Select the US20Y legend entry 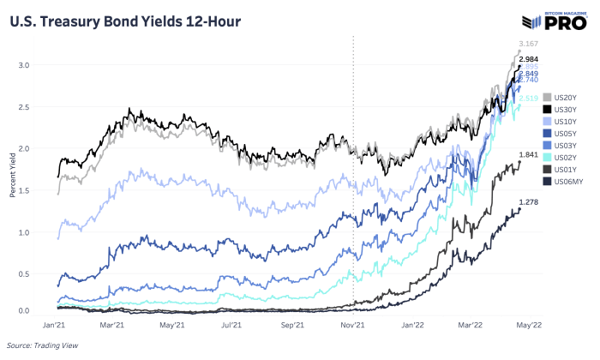(562, 97)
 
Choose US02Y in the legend (562, 157)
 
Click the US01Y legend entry (562, 169)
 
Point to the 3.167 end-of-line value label (529, 44)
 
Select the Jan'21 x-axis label (55, 326)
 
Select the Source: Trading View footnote (40, 345)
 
